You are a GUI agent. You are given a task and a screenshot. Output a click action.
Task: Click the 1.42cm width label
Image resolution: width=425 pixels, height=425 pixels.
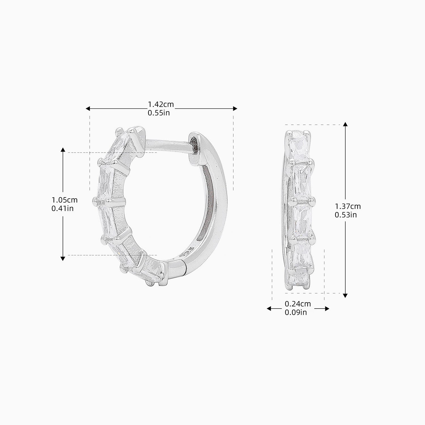[161, 105]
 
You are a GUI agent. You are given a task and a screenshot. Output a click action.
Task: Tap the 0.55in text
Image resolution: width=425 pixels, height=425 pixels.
[159, 113]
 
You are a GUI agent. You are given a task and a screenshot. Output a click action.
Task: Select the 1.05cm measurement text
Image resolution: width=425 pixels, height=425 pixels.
[64, 200]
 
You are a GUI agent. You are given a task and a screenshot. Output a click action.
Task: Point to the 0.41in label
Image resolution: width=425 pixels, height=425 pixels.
[62, 209]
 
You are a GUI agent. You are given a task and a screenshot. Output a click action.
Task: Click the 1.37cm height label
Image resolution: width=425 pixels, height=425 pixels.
[348, 206]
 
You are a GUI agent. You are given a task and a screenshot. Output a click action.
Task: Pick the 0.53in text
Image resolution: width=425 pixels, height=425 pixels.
[346, 215]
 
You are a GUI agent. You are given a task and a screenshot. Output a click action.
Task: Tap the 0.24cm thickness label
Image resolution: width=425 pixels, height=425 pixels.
[298, 304]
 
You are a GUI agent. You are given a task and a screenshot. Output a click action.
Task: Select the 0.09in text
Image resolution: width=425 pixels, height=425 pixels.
[296, 313]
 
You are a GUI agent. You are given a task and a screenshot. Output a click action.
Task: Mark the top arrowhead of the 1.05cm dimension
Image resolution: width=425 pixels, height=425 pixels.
[63, 150]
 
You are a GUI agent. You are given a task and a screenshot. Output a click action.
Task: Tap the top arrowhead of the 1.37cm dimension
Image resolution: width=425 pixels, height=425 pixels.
[345, 124]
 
